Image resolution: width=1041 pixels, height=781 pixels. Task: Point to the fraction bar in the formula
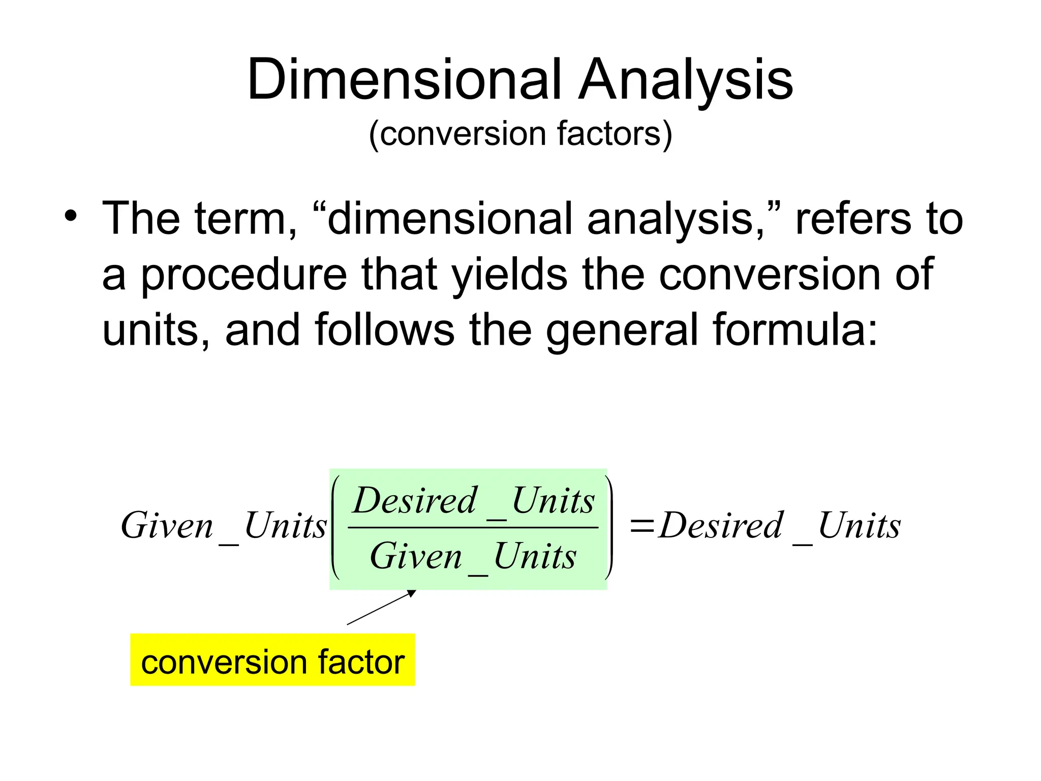pos(473,528)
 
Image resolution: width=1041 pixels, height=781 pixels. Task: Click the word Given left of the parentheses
pos(167,526)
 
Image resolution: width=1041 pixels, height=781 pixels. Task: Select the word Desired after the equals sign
pos(721,526)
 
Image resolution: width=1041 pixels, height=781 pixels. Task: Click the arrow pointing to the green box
pos(381,607)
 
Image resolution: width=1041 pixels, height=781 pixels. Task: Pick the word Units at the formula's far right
pos(859,526)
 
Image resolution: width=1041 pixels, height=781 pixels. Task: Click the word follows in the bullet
pos(384,331)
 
